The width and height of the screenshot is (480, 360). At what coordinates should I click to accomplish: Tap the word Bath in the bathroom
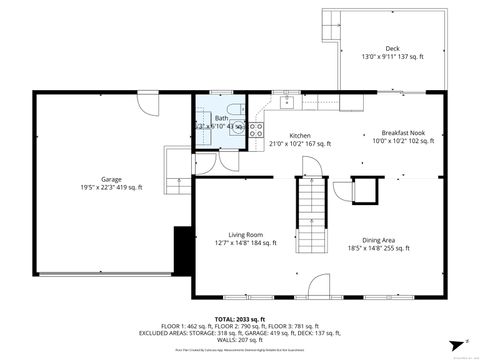pyautogui.click(x=221, y=118)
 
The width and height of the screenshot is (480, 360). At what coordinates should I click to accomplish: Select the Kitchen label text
pyautogui.click(x=300, y=136)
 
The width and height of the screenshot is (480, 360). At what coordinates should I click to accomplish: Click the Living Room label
pyautogui.click(x=245, y=234)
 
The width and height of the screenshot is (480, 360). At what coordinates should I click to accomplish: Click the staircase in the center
pyautogui.click(x=312, y=215)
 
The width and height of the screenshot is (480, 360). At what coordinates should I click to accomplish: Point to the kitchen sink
pyautogui.click(x=288, y=100)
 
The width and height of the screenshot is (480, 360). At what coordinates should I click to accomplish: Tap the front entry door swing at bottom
pyautogui.click(x=321, y=288)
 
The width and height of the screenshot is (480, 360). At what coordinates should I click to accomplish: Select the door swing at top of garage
pyautogui.click(x=148, y=103)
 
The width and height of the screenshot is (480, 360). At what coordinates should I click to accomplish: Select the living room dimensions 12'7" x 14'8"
pyautogui.click(x=245, y=242)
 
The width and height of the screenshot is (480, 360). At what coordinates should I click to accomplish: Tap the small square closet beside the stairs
pyautogui.click(x=366, y=190)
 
